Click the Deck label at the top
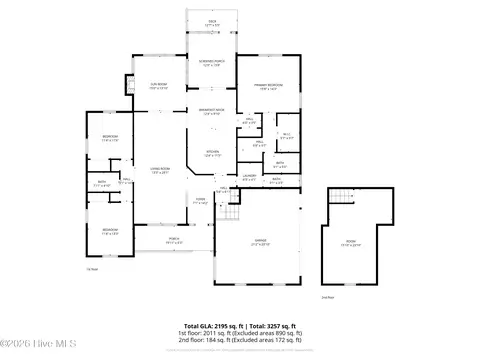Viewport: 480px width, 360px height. pyautogui.click(x=211, y=21)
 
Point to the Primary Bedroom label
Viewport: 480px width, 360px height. pyautogui.click(x=267, y=86)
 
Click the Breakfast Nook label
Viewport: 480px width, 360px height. pyautogui.click(x=212, y=111)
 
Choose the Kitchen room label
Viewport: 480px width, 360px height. pyautogui.click(x=212, y=154)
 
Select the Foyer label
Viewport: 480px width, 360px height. pyautogui.click(x=200, y=199)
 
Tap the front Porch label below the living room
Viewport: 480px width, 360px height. pyautogui.click(x=173, y=239)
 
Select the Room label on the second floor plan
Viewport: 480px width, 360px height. pyautogui.click(x=351, y=243)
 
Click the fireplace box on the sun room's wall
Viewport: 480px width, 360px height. pyautogui.click(x=130, y=83)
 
